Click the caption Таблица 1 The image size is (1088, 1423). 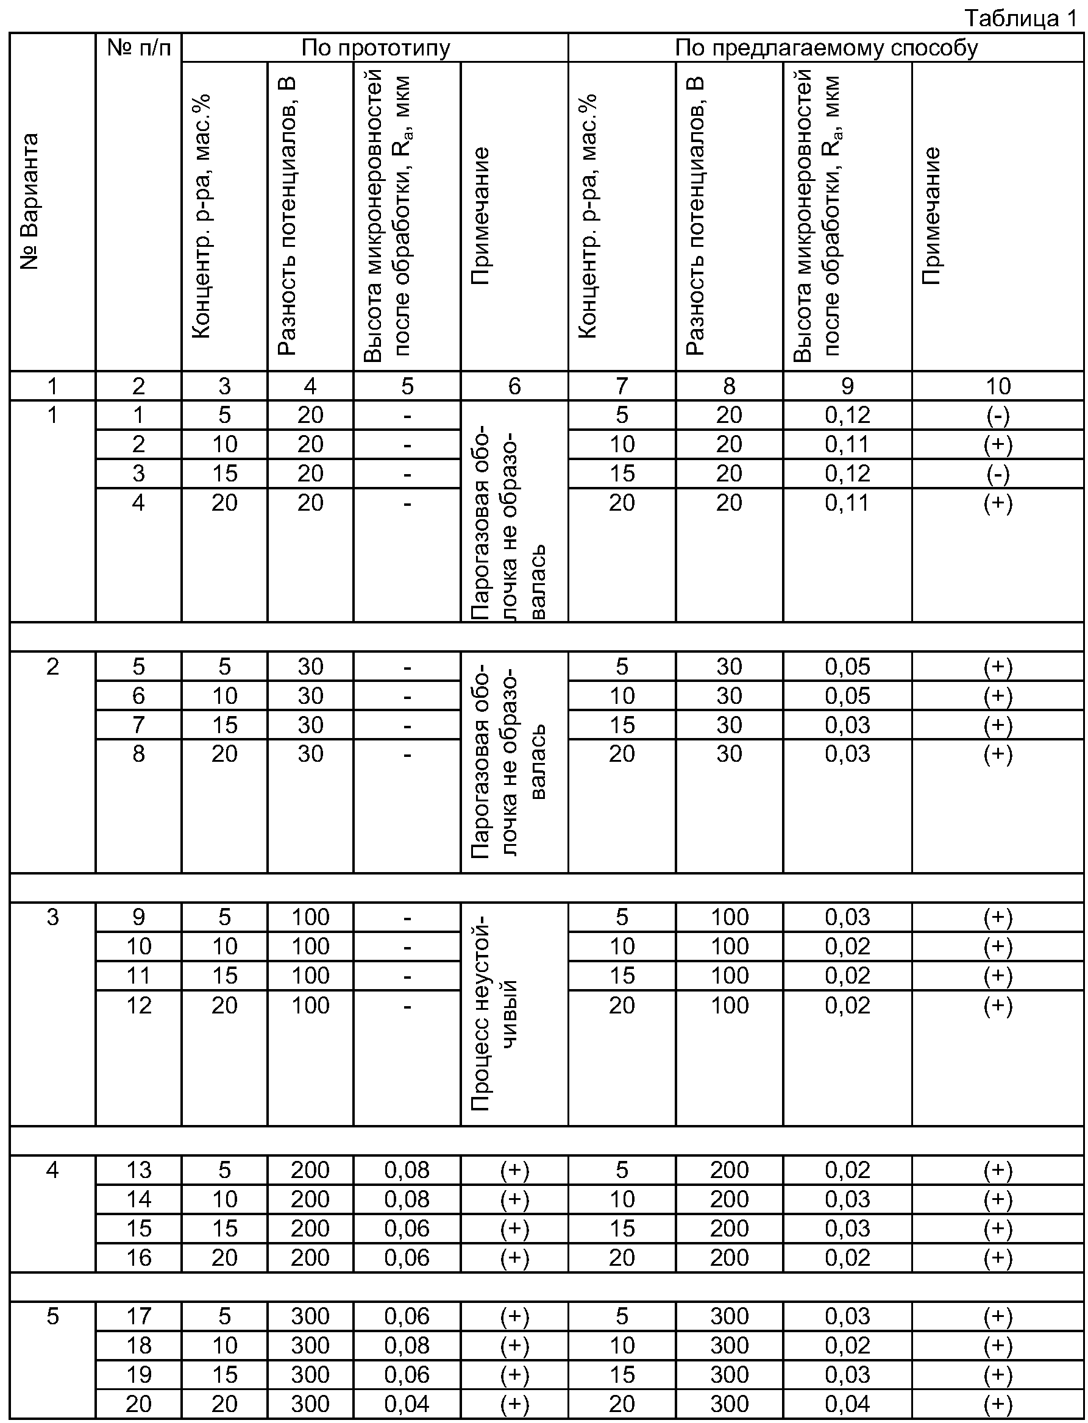coord(1020,18)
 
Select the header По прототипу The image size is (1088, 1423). coord(375,48)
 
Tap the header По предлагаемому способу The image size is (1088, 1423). coord(826,48)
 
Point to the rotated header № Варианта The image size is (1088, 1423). coord(30,201)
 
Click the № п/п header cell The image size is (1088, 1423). coord(138,48)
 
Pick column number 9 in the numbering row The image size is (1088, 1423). coord(847,386)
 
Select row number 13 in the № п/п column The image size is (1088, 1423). coord(138,1170)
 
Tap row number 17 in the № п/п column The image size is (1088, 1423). coord(138,1316)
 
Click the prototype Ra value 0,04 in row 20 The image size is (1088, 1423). coord(407,1403)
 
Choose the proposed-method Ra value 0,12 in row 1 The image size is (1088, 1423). coord(847,415)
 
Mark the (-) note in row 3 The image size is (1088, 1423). coord(997,474)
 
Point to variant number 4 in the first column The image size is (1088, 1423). coord(52,1170)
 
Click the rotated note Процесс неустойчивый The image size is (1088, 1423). coord(496,1013)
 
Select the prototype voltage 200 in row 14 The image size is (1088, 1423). coord(310,1199)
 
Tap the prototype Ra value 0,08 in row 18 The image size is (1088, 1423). coord(407,1346)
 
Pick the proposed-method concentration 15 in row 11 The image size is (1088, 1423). coord(622,976)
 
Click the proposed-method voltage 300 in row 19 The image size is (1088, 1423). coord(729,1374)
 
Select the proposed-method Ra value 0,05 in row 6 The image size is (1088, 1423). coord(847,696)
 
